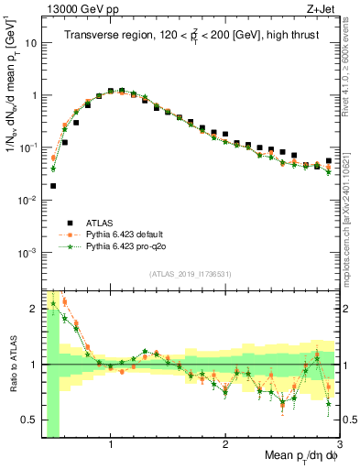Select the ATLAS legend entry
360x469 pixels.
coord(100,223)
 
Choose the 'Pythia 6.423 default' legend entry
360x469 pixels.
coord(125,235)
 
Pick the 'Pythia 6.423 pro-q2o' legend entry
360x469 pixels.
coord(126,247)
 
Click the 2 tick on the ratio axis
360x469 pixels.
coord(35,306)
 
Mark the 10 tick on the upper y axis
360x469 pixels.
coord(30,42)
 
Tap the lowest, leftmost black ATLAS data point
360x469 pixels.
coord(53,186)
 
